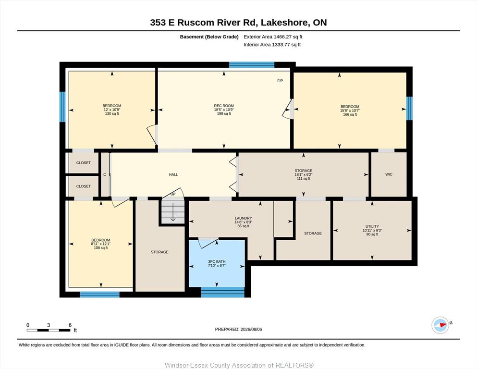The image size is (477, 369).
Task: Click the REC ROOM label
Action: pos(224,106)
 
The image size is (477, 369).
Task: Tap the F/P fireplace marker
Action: pos(280,81)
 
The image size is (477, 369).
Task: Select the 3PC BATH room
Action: pos(217,263)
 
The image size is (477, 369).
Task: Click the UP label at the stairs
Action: pos(173,194)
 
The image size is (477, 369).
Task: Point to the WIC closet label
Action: pos(389,174)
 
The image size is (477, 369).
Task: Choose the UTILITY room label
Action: pos(372,226)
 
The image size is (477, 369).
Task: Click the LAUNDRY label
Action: pos(244,218)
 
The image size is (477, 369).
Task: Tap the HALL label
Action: pos(173,174)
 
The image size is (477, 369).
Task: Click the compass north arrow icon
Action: pos(440,325)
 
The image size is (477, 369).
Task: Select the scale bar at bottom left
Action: pos(49,330)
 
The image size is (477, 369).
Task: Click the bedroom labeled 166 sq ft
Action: pos(350,111)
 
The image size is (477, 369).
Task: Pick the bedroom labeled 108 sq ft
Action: pos(101,244)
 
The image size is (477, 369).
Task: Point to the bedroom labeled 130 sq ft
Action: pos(111,110)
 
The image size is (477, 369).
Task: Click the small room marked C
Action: pos(105,174)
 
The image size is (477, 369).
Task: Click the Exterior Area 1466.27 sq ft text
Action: pos(273,37)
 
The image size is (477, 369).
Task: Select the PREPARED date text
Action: pos(238,329)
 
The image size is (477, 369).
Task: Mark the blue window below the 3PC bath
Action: pos(223,292)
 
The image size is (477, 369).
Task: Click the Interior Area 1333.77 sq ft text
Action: pos(272,45)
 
